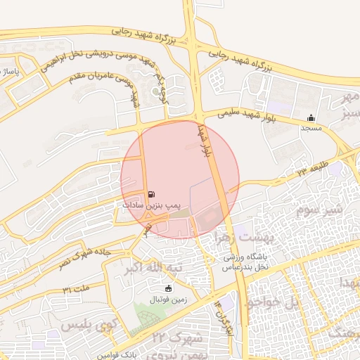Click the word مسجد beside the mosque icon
311,129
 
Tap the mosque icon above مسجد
311,117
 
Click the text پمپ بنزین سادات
147,205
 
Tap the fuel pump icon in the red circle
152,194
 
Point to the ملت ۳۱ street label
77,289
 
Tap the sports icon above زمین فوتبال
167,288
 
